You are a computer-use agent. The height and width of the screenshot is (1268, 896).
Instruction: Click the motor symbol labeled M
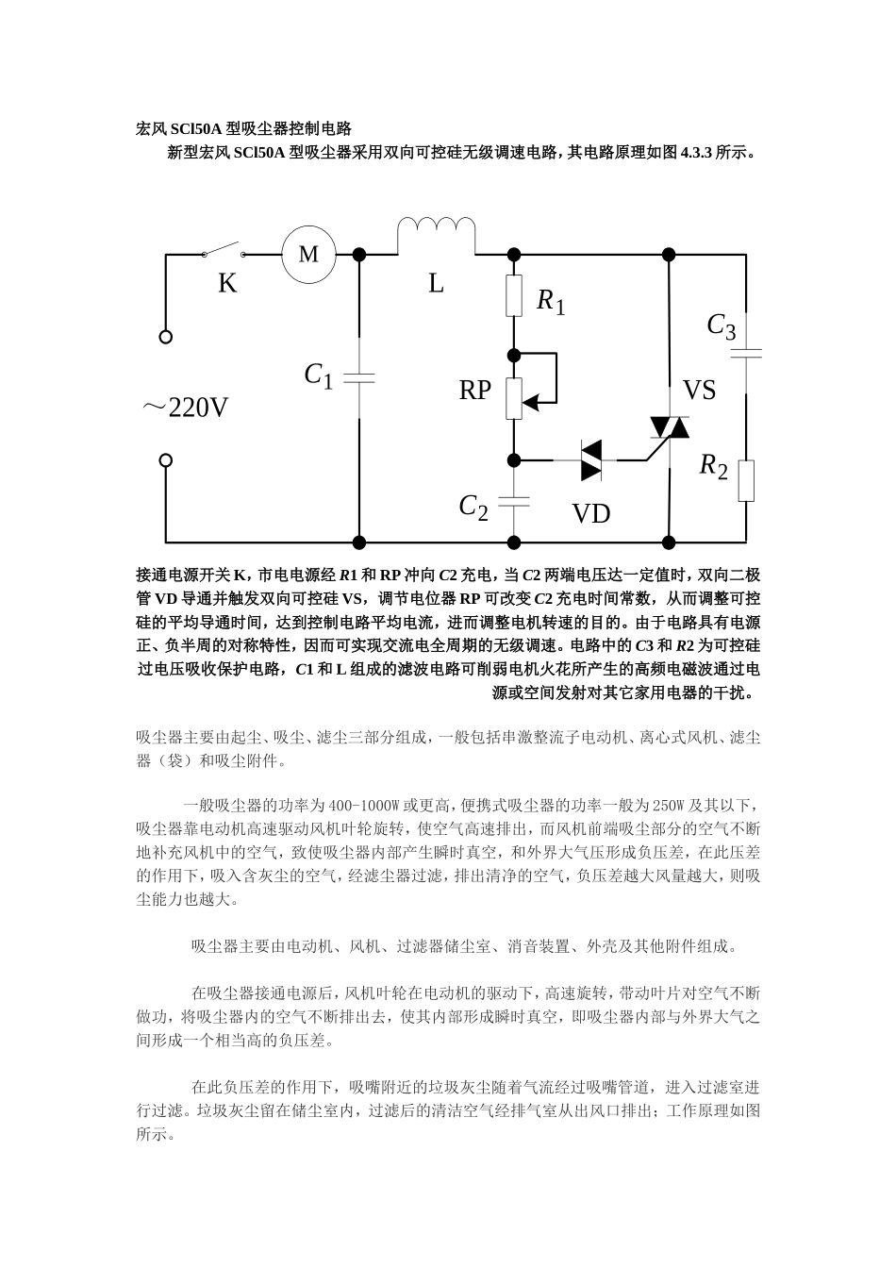click(x=308, y=254)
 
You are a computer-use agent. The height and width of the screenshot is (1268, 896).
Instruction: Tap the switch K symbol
click(x=224, y=251)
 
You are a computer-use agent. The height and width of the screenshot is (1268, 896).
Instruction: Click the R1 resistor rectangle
click(x=514, y=295)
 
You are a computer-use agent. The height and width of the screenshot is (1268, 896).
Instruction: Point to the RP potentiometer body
click(x=514, y=398)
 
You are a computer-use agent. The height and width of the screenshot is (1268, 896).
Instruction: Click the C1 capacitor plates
click(x=359, y=377)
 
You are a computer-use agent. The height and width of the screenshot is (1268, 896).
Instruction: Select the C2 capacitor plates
click(x=514, y=501)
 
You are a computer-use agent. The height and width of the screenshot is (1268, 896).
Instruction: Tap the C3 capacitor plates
click(x=746, y=354)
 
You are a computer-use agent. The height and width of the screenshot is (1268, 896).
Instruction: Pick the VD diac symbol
click(x=591, y=460)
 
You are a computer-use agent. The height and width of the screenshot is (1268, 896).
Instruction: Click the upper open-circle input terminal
click(x=166, y=337)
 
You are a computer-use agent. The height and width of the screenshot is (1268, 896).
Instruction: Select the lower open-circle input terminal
click(x=166, y=460)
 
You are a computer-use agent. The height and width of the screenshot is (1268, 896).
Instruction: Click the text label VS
click(x=699, y=390)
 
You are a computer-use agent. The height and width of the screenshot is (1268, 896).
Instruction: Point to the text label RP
click(x=475, y=390)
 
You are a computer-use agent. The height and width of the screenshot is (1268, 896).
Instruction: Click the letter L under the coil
click(x=436, y=283)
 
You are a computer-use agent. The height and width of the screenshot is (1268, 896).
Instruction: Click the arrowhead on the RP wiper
click(x=531, y=403)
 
